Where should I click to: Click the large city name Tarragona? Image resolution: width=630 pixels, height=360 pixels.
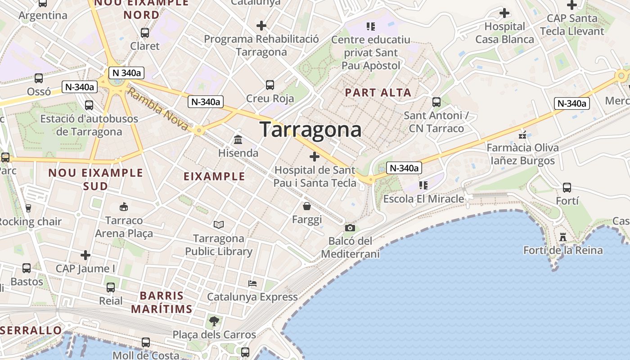pyautogui.click(x=310, y=130)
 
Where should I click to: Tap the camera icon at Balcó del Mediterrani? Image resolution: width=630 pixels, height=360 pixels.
pyautogui.click(x=350, y=228)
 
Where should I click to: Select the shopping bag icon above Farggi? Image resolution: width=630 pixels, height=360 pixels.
pyautogui.click(x=307, y=206)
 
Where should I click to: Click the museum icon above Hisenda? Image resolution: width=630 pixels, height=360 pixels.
pyautogui.click(x=238, y=139)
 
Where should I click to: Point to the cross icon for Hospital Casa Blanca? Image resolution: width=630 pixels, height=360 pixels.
pyautogui.click(x=504, y=13)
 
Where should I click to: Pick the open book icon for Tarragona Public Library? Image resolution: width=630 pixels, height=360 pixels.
pyautogui.click(x=219, y=225)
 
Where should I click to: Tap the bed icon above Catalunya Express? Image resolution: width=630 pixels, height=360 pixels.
pyautogui.click(x=252, y=283)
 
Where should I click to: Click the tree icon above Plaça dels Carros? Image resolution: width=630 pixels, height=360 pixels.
pyautogui.click(x=214, y=321)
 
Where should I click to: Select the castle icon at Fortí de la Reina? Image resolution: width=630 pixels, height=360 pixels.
pyautogui.click(x=562, y=237)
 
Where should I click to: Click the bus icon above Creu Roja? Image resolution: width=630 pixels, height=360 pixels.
pyautogui.click(x=270, y=85)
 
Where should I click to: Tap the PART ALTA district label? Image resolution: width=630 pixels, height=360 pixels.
pyautogui.click(x=378, y=93)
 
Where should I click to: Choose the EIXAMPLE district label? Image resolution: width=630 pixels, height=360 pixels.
pyautogui.click(x=214, y=176)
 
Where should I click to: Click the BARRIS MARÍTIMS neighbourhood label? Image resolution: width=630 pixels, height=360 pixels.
pyautogui.click(x=162, y=302)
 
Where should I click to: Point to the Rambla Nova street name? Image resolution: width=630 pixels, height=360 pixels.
pyautogui.click(x=157, y=109)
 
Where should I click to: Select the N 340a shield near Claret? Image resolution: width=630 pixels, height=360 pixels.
pyautogui.click(x=126, y=73)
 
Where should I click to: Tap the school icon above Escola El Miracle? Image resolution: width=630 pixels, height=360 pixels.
pyautogui.click(x=423, y=185)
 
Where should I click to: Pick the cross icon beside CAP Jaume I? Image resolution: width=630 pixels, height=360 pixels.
pyautogui.click(x=85, y=256)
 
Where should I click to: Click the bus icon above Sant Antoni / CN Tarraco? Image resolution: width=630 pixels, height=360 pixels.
pyautogui.click(x=436, y=102)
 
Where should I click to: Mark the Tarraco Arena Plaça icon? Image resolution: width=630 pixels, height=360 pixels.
pyautogui.click(x=123, y=207)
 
